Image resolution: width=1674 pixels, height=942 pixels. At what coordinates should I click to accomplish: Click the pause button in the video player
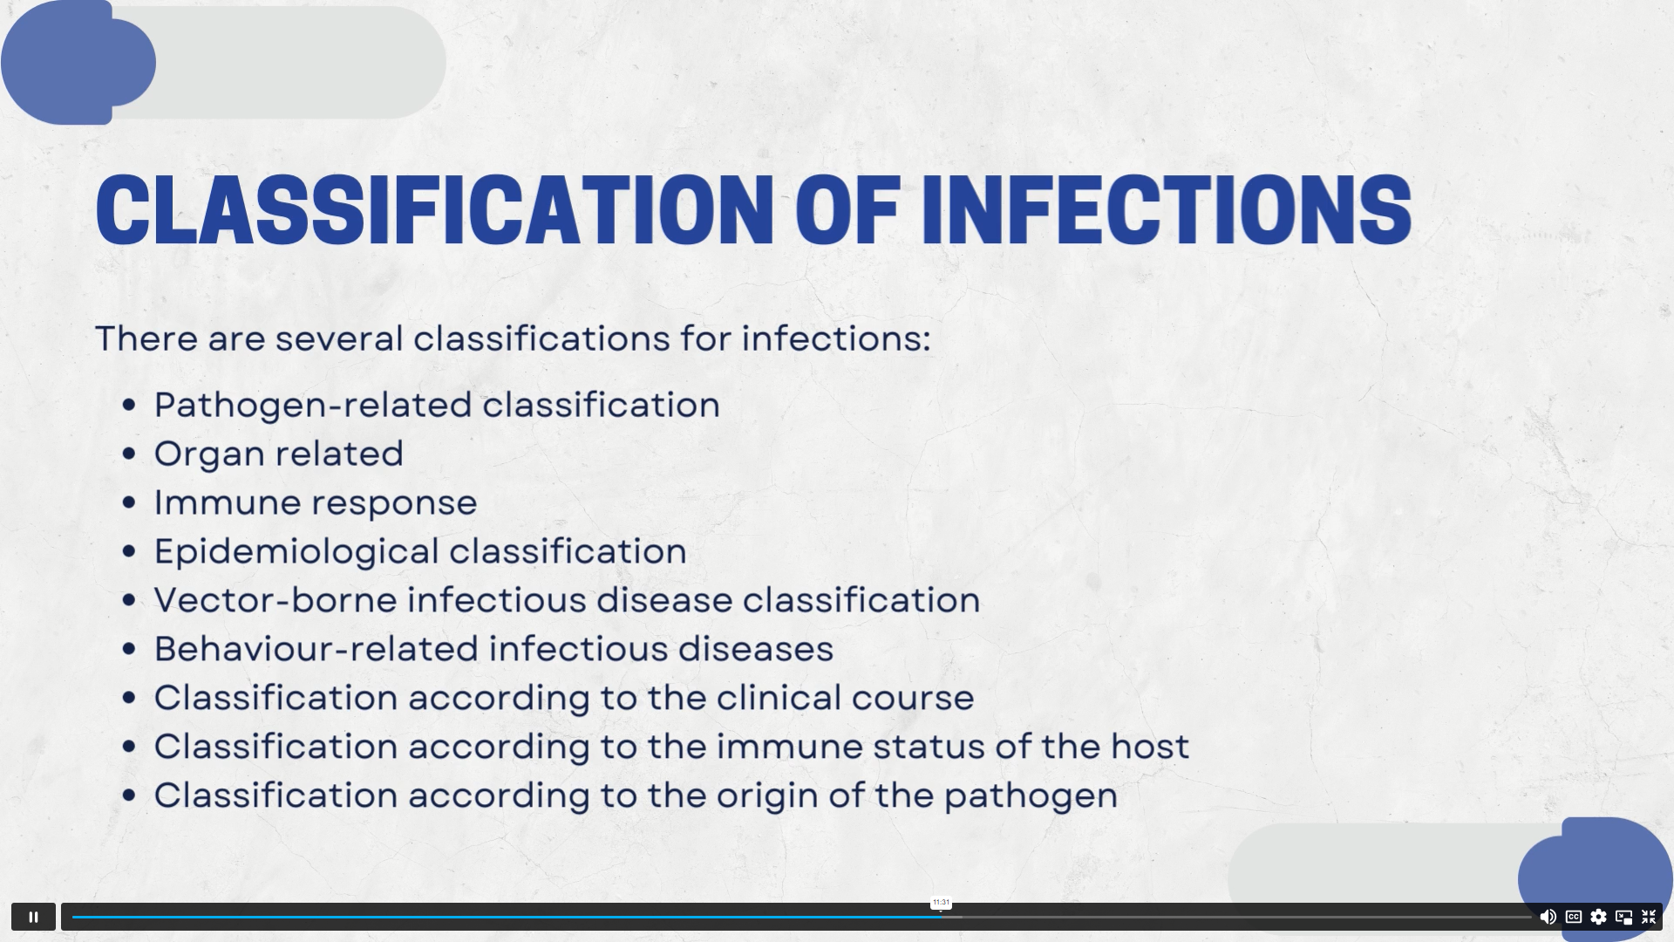coord(33,917)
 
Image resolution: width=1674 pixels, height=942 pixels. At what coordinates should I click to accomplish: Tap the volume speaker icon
coord(1548,917)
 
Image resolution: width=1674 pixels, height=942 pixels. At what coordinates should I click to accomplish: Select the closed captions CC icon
coord(1574,917)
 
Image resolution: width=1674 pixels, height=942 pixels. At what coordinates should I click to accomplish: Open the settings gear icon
coord(1598,917)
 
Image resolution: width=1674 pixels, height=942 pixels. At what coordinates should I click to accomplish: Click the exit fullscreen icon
coord(1649,917)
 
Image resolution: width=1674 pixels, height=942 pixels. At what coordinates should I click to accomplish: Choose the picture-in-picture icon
coord(1623,917)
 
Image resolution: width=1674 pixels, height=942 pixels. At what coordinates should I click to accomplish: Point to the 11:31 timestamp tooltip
coord(941,903)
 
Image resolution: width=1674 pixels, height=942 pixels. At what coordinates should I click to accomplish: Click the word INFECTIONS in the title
coord(1167,209)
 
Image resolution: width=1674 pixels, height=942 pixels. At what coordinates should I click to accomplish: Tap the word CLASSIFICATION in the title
coord(434,209)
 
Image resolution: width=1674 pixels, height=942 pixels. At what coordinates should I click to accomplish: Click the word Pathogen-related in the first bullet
coord(313,405)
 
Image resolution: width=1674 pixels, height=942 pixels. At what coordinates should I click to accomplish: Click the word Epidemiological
coord(296,551)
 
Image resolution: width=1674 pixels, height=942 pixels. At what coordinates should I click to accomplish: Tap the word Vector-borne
coord(276,600)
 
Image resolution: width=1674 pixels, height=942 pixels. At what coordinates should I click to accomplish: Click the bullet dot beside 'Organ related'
coord(130,454)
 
